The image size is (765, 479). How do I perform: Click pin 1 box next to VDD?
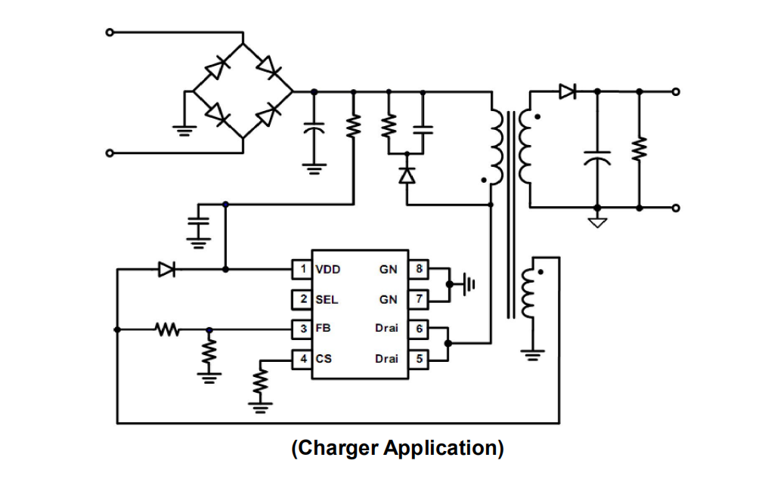coord(302,268)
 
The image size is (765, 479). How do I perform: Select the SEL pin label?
coord(327,299)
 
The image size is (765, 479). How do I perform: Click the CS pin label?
coord(324,359)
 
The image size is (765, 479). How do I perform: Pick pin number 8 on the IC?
coord(420,268)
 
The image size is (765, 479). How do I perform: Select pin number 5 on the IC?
coord(420,359)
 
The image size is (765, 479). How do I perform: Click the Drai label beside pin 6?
coord(386,329)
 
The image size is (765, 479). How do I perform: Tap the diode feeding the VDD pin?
coord(166,268)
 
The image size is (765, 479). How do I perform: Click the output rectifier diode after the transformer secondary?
coord(567,91)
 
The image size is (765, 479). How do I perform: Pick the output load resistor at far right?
coord(640,149)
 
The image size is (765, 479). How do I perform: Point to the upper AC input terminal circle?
coord(110,32)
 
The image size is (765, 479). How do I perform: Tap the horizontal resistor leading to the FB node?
coord(166,329)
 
